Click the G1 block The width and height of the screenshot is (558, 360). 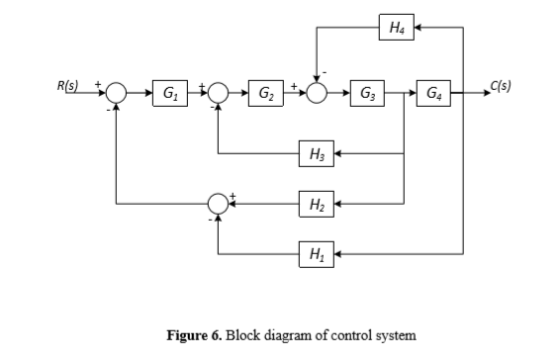(170, 94)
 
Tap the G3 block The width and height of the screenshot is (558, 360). (367, 94)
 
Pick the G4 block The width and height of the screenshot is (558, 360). (434, 94)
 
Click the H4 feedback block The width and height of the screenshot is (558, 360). (396, 27)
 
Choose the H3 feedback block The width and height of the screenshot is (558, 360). (317, 154)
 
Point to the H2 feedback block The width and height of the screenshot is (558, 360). (317, 205)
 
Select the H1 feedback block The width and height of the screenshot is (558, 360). (317, 254)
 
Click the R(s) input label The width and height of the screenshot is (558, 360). (68, 84)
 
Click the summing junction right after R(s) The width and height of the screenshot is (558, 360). (118, 94)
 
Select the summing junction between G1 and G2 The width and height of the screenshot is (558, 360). (219, 94)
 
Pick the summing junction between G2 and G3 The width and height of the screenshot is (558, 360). (317, 94)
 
